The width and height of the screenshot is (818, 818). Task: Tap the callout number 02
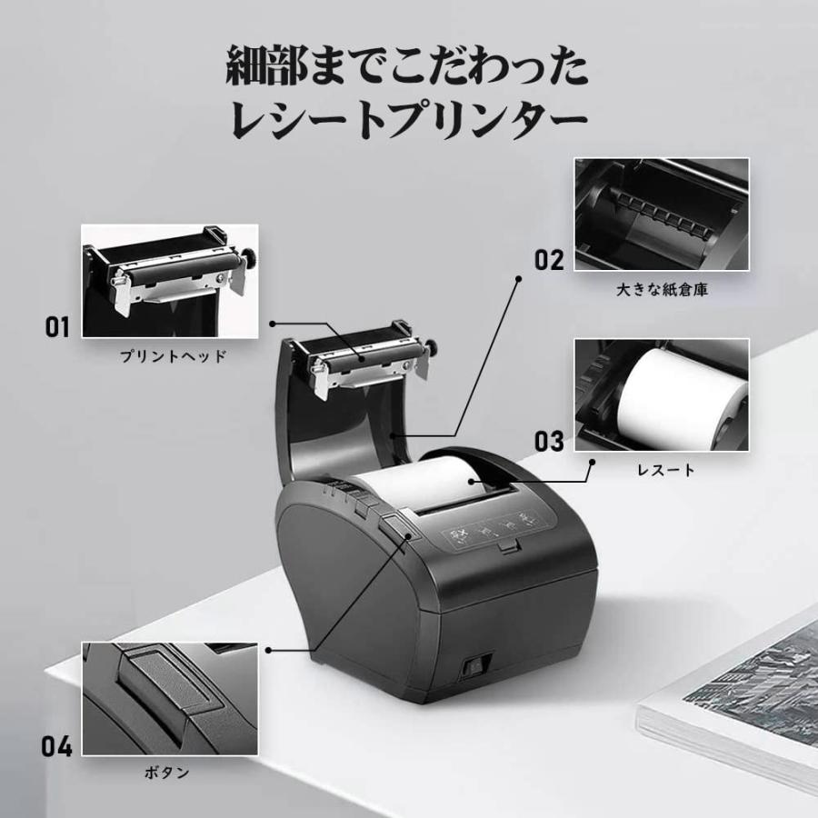(549, 260)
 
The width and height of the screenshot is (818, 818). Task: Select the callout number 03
(549, 442)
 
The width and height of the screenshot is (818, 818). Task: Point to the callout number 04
(56, 747)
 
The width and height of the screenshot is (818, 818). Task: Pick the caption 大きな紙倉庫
(661, 290)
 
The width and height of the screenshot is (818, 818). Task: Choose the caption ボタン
(167, 773)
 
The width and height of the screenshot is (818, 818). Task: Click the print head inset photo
(170, 282)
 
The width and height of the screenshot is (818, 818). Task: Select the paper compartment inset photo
(661, 215)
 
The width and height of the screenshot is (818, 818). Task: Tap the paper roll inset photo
(661, 395)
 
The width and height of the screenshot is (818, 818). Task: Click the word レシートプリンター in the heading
(408, 119)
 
